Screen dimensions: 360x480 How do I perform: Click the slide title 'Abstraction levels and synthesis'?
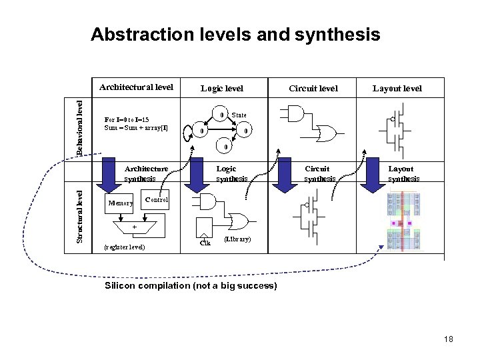(x=235, y=34)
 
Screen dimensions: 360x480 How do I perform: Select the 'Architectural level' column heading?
(x=136, y=87)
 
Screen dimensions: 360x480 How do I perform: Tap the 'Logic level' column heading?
(x=222, y=88)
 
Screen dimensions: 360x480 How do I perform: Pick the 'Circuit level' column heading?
(x=313, y=88)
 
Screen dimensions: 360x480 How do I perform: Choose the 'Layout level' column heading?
(x=397, y=88)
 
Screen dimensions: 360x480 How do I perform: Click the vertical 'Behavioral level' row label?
(x=79, y=127)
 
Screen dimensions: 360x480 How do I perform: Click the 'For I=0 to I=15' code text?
(x=127, y=120)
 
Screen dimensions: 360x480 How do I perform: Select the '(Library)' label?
(x=237, y=238)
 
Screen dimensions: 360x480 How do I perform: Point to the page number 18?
(x=447, y=339)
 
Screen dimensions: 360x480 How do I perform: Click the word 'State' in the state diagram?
(x=239, y=115)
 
